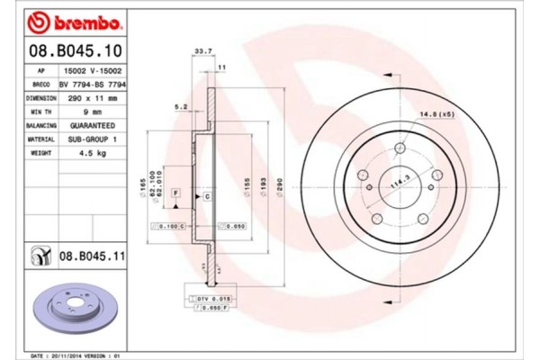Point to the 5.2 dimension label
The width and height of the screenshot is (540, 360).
click(x=180, y=107)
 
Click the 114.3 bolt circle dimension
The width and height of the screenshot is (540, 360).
click(x=397, y=184)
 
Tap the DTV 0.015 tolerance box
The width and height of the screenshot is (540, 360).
click(x=208, y=296)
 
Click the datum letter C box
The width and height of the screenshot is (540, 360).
click(x=206, y=195)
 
